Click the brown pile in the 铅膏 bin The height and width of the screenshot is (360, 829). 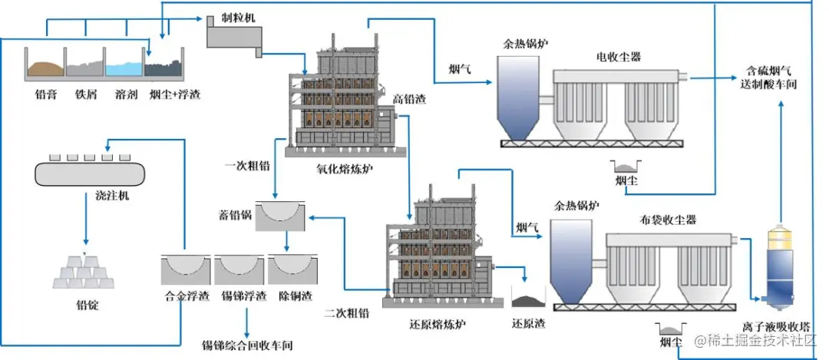(x=45, y=68)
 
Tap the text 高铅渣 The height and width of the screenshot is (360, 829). (x=408, y=99)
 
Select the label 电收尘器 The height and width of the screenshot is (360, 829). (x=619, y=56)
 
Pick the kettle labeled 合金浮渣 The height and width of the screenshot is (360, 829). (x=184, y=269)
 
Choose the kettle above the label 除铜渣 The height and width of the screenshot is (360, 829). (x=291, y=269)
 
